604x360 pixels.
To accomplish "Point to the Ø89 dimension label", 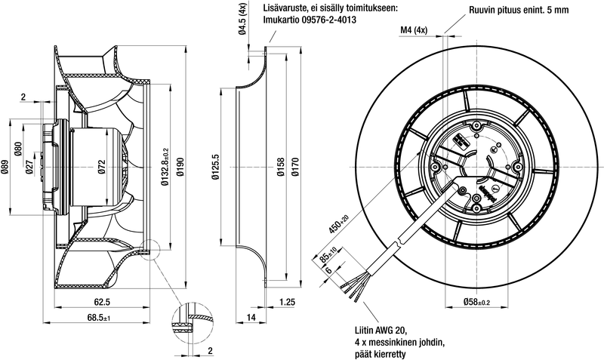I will [5, 168].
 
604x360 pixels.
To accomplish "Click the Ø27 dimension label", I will [29, 168].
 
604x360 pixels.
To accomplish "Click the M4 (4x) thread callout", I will [414, 30].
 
